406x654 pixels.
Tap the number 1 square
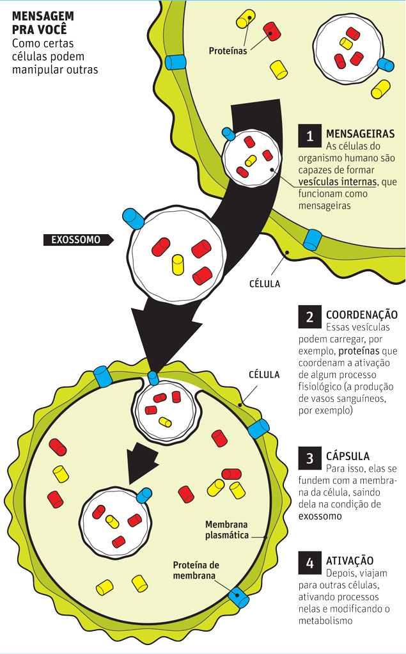[310, 136]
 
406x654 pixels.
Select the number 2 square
[310, 317]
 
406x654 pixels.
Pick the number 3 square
[310, 458]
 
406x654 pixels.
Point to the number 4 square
[310, 563]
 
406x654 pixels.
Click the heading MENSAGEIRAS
[361, 134]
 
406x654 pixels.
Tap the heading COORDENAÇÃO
[362, 315]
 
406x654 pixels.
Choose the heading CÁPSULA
[348, 457]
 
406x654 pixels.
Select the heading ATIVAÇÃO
[350, 561]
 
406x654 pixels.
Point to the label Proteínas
[228, 51]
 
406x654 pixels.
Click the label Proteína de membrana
[196, 570]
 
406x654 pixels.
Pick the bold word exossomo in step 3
[320, 516]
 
